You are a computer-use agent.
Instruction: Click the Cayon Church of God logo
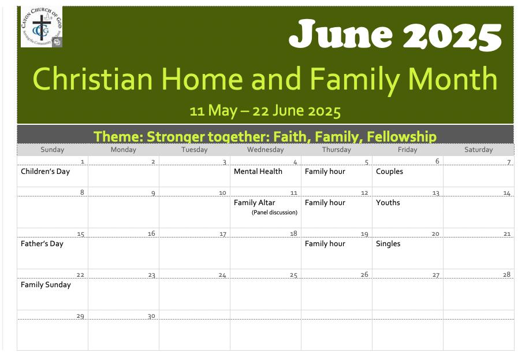(x=42, y=27)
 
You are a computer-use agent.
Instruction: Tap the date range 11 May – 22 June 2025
(x=265, y=111)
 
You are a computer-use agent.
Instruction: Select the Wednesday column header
(x=266, y=150)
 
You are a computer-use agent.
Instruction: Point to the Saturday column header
(x=478, y=150)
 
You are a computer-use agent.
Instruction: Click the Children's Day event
(x=45, y=172)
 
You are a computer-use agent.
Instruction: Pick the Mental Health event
(x=258, y=171)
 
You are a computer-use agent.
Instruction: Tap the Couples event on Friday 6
(x=389, y=172)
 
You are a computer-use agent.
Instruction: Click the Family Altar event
(x=254, y=203)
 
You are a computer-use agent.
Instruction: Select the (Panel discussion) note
(x=275, y=213)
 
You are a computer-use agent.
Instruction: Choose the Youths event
(x=388, y=203)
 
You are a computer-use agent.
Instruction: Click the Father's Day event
(x=42, y=244)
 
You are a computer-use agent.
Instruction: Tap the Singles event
(x=388, y=244)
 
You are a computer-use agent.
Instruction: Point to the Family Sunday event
(x=46, y=285)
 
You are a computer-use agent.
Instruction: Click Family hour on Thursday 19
(x=325, y=244)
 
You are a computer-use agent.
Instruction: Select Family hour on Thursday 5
(x=325, y=172)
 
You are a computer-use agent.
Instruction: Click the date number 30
(x=151, y=316)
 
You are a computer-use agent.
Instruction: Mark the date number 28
(x=506, y=274)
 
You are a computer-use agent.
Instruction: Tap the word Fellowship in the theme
(x=401, y=137)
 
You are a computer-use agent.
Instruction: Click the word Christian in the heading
(x=93, y=79)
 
